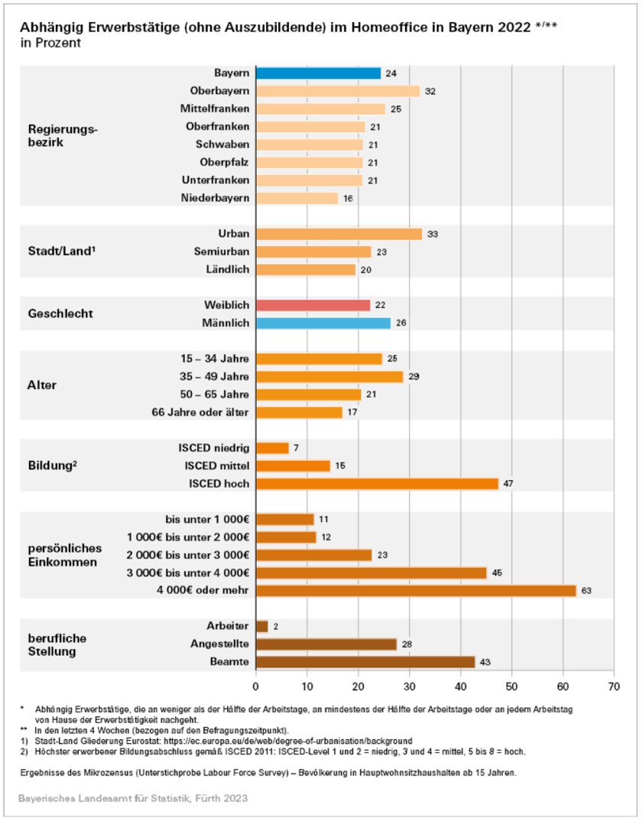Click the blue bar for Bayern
pos(318,73)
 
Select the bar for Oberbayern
pos(338,91)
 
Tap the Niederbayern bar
pos(297,198)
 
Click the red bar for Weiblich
pos(313,305)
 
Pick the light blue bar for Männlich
pos(323,323)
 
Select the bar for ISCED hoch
pos(377,484)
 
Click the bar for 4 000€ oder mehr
pos(416,591)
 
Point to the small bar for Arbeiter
pos(261,627)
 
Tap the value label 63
pos(587,591)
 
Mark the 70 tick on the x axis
pos(613,685)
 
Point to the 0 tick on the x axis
pos(256,685)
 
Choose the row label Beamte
pos(231,662)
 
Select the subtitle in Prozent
pos(50,43)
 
